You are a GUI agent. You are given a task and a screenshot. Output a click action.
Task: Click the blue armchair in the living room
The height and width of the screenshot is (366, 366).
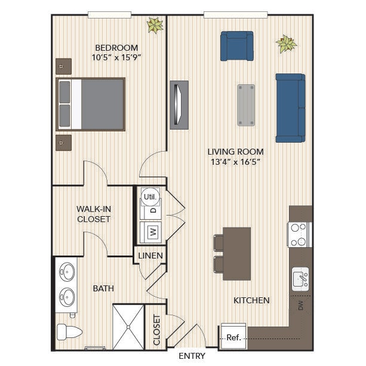pos(237,46)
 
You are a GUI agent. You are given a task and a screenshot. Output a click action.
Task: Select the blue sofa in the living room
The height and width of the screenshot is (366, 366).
pos(290,108)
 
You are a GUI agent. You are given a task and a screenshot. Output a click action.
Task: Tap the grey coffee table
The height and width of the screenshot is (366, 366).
pos(246,105)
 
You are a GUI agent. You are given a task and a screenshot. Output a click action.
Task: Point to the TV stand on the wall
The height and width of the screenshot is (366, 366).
pos(179,105)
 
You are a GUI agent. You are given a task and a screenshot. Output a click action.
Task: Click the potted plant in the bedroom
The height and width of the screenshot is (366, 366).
pos(155,25)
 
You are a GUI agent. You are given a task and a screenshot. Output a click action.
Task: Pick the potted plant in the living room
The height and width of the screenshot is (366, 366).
pos(287,44)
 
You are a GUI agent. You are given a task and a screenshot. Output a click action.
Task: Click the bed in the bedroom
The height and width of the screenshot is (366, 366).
pos(91,104)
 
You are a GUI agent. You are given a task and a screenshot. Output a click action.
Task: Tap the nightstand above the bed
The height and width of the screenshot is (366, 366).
pos(63,66)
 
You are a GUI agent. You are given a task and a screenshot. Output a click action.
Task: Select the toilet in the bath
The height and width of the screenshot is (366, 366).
pos(69,331)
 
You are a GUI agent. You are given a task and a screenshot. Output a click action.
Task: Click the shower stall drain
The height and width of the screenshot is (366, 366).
pos(128,327)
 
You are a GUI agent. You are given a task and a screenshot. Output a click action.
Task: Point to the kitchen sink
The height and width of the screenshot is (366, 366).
pos(300,279)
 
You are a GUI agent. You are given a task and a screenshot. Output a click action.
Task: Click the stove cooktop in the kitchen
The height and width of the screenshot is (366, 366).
pos(300,235)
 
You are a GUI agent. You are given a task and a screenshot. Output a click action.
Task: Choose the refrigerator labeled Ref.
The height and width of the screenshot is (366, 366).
pos(233,336)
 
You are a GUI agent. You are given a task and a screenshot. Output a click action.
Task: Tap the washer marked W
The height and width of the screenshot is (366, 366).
pos(150,232)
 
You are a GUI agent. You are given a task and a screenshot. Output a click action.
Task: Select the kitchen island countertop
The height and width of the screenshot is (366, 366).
pos(236,254)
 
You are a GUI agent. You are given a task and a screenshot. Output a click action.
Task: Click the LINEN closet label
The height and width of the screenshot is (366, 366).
pos(150,256)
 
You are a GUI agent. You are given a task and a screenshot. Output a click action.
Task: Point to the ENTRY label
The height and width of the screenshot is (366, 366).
pos(192,356)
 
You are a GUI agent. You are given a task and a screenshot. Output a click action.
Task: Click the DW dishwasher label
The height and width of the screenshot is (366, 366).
pos(300,305)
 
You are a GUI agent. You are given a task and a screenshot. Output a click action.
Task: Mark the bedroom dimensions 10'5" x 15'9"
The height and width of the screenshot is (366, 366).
pos(116,57)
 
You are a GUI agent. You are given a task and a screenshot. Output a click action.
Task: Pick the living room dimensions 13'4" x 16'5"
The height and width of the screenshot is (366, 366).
pos(235,162)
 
